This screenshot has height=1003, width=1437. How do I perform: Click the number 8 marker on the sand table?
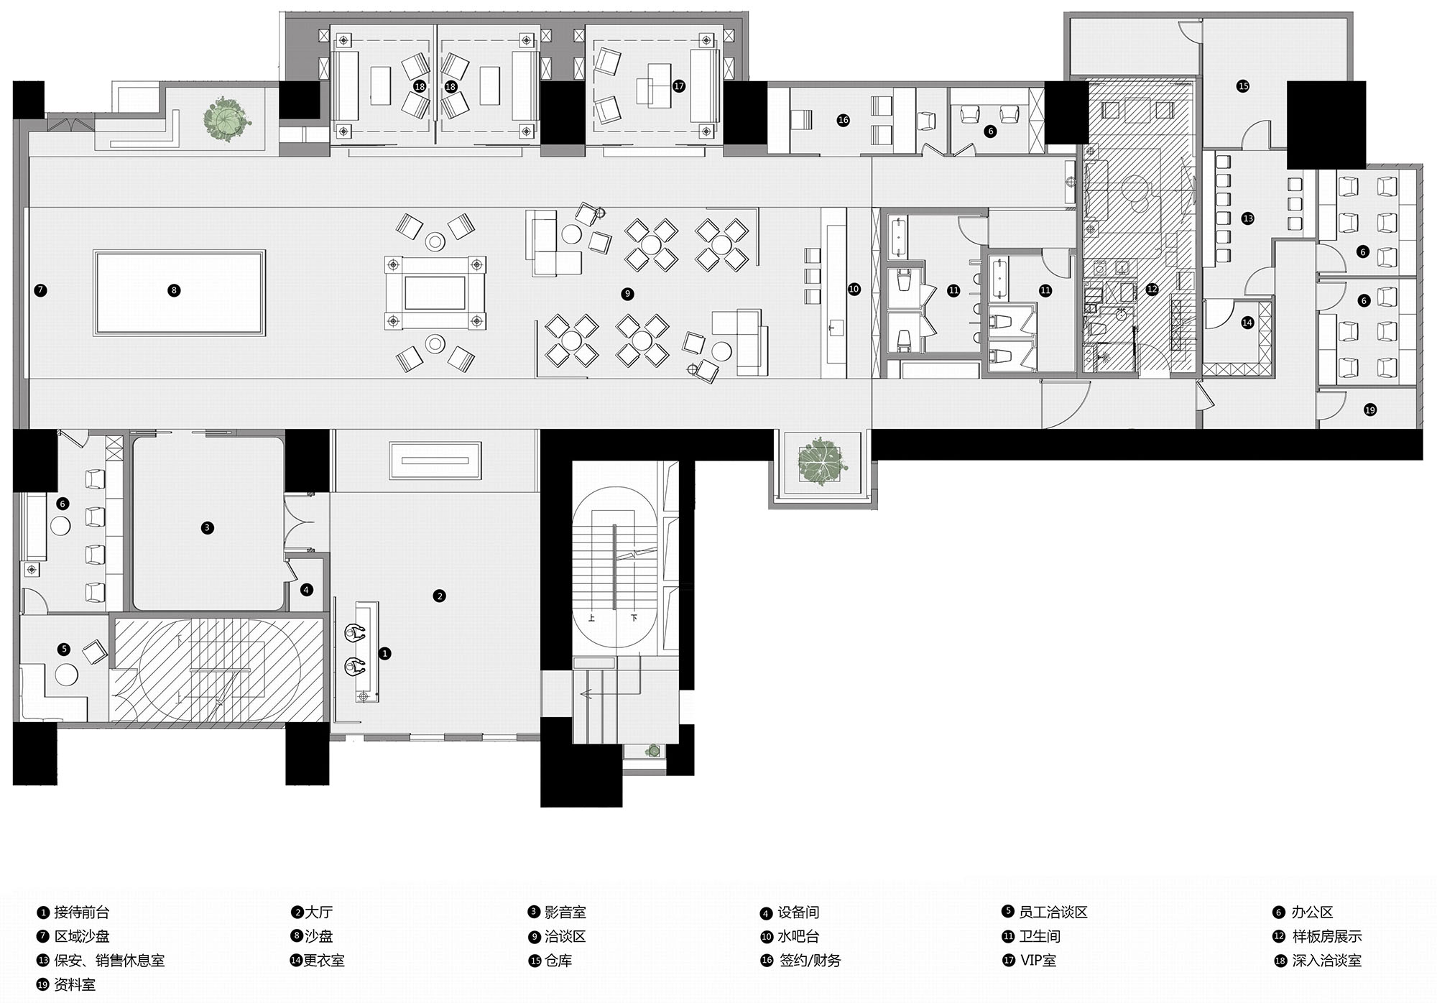coord(174,290)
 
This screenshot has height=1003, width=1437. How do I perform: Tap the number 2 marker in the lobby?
coord(440,596)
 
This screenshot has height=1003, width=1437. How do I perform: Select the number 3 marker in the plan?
coord(207,527)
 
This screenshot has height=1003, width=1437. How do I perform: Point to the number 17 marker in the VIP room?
coord(679,86)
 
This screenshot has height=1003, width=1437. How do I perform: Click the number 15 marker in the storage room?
coord(1243,86)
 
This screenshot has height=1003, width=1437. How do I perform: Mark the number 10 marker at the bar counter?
coord(854,289)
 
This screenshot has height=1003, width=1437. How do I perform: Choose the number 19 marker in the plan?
coord(1369,410)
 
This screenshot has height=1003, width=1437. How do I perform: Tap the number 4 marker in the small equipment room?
coord(307,590)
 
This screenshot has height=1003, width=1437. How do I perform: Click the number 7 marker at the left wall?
coord(40,290)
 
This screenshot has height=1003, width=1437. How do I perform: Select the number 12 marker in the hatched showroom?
coord(1152,289)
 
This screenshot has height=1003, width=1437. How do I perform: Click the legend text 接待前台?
coord(82,912)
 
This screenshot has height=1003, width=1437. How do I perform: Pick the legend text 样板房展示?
coord(1327,936)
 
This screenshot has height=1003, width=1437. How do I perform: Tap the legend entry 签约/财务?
coord(810,961)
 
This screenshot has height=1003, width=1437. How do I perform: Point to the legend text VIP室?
coord(1038,961)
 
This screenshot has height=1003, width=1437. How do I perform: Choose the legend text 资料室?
coord(75,984)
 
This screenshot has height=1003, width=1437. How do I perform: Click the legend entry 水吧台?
coord(798,936)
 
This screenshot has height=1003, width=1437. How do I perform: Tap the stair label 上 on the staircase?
coord(592,618)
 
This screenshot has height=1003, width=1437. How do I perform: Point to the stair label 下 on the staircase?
coord(634,618)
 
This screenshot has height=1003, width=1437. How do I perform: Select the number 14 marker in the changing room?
coord(1247,323)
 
